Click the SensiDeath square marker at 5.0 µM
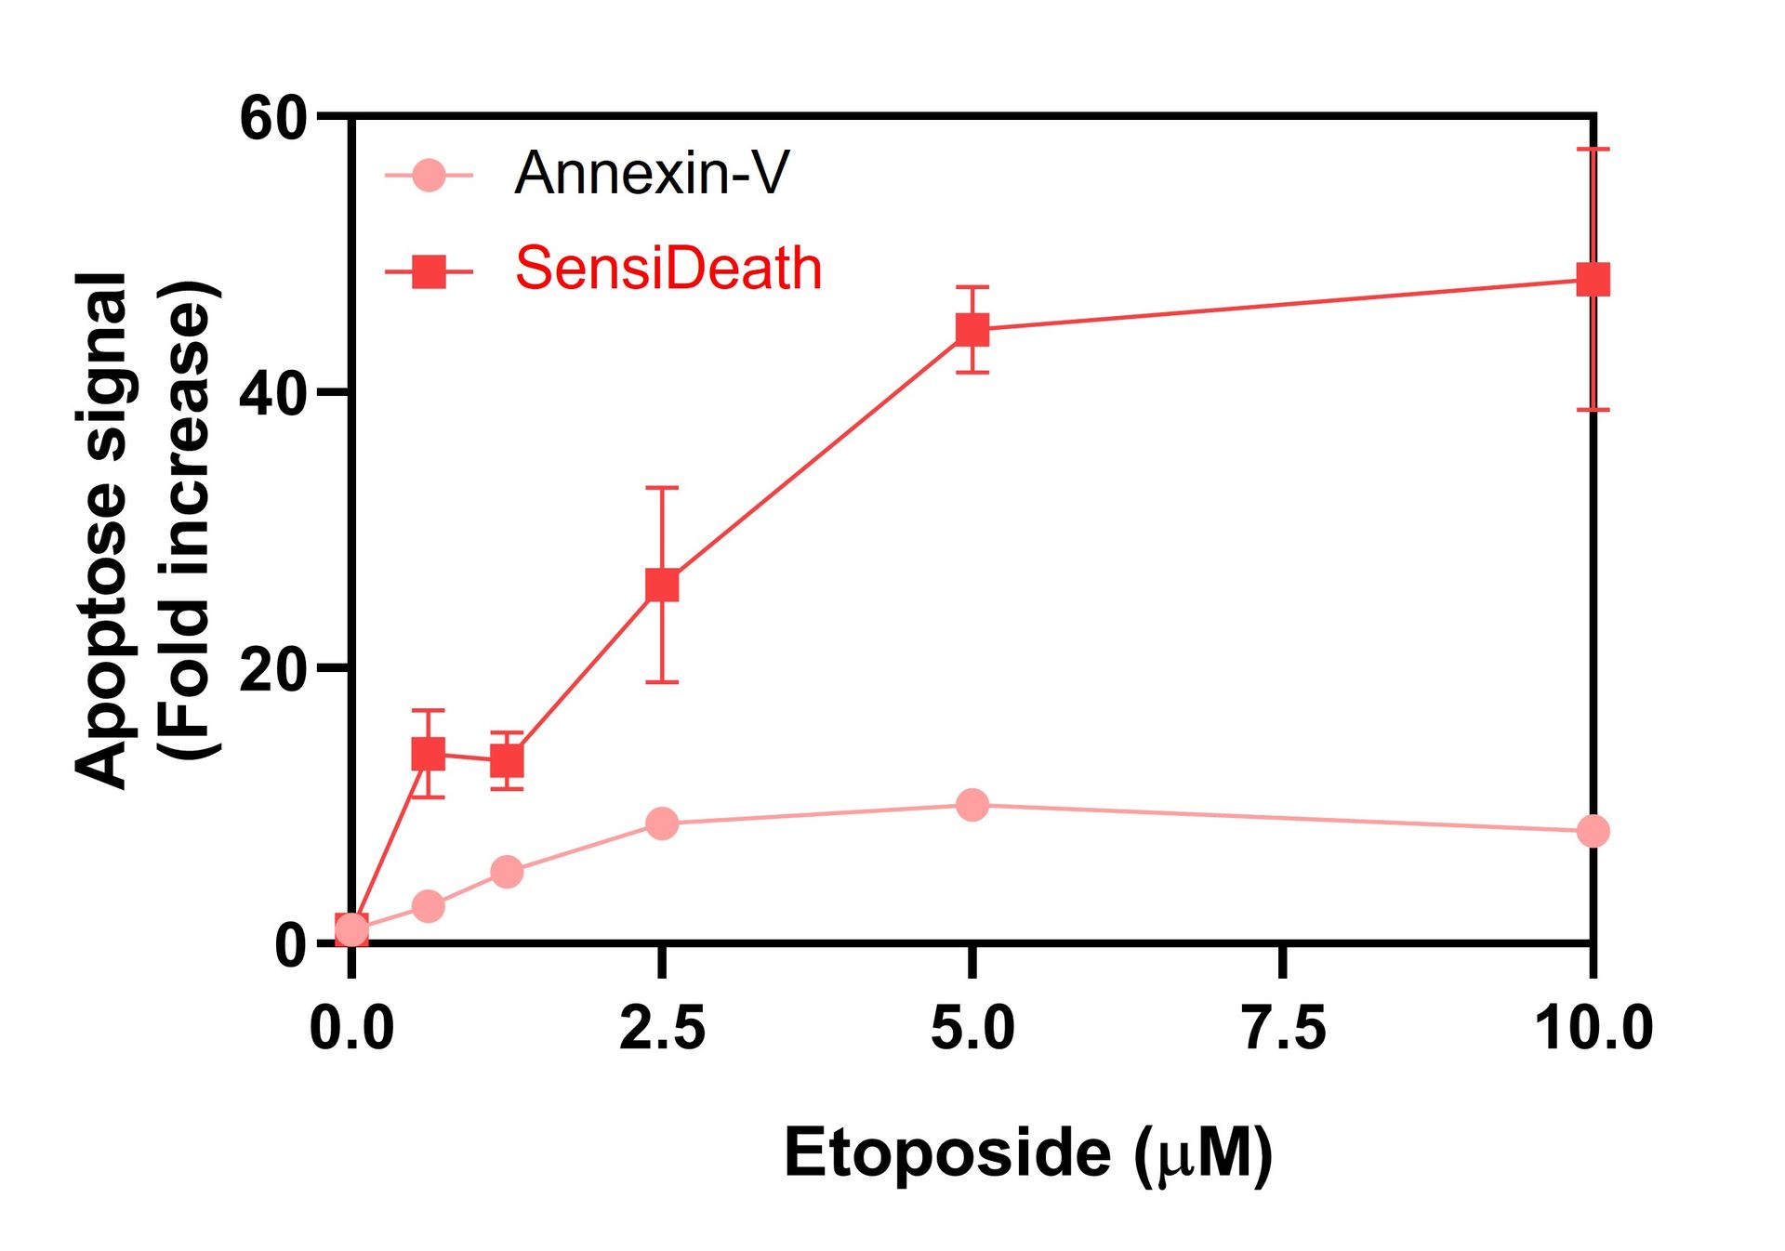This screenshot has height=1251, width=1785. pos(972,329)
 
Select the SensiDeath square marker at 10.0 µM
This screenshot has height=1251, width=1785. pos(1593,279)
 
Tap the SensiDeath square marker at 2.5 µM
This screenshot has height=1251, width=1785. pos(662,586)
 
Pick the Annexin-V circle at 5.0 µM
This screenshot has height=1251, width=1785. pos(972,805)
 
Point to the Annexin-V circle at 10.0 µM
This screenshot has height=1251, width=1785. pos(1593,831)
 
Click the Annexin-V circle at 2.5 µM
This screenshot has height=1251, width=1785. pos(662,823)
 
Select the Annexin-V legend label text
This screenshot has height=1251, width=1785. pos(651,173)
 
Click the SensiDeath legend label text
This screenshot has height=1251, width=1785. pos(668,270)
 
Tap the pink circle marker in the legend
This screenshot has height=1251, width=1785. pos(429,175)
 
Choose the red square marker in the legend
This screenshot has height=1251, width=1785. pos(429,272)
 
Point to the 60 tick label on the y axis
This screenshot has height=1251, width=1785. pos(272,119)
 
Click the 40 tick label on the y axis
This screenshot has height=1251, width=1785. pos(272,394)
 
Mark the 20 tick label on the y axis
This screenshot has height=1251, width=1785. pos(272,669)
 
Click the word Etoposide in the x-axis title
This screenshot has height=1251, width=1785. pos(946,1153)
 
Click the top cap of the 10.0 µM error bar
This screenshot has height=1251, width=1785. pos(1593,149)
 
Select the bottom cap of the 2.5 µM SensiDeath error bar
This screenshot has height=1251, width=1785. pos(662,682)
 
